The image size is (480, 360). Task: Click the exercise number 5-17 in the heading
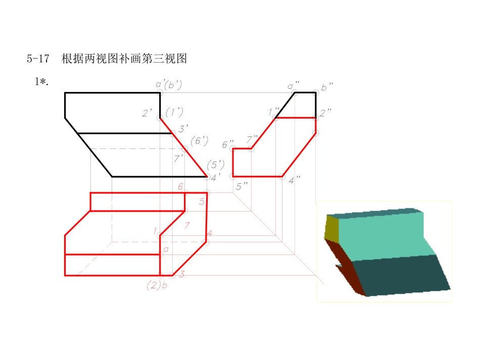click(38, 59)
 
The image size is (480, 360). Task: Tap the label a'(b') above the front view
click(169, 85)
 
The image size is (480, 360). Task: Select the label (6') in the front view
click(199, 141)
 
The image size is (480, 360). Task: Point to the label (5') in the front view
click(215, 164)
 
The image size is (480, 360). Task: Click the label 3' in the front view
click(183, 129)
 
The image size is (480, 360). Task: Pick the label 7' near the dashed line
click(178, 159)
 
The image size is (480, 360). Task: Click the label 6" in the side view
click(228, 145)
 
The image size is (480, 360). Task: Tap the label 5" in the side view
click(242, 186)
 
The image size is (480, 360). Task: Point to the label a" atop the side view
click(294, 86)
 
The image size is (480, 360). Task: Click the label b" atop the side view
click(327, 87)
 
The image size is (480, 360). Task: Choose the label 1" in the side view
click(273, 111)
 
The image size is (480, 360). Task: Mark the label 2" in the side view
click(325, 112)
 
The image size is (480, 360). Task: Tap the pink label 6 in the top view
click(180, 187)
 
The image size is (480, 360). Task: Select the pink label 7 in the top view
click(186, 225)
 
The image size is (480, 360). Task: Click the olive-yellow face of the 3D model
click(331, 227)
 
